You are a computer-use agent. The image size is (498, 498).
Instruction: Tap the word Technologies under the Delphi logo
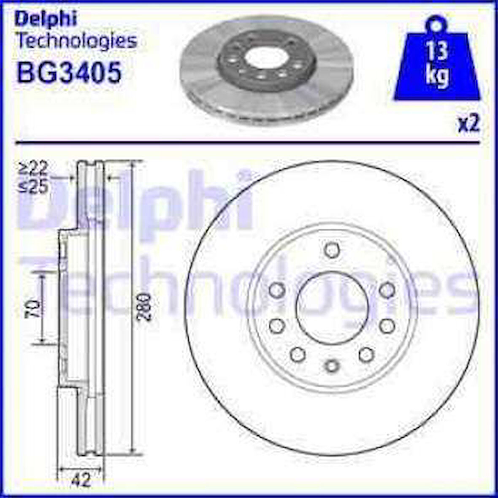(76, 41)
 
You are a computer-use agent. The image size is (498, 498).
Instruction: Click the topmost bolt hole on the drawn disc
(332, 250)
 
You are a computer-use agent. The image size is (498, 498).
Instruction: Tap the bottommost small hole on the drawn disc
(332, 365)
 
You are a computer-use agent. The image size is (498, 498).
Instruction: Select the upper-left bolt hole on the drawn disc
(276, 290)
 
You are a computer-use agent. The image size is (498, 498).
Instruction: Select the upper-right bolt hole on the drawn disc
(387, 290)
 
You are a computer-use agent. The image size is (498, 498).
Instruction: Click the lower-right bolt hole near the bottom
(366, 354)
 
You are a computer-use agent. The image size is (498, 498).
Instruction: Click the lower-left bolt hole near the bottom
(298, 354)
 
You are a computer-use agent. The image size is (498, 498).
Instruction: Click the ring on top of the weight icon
(436, 22)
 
